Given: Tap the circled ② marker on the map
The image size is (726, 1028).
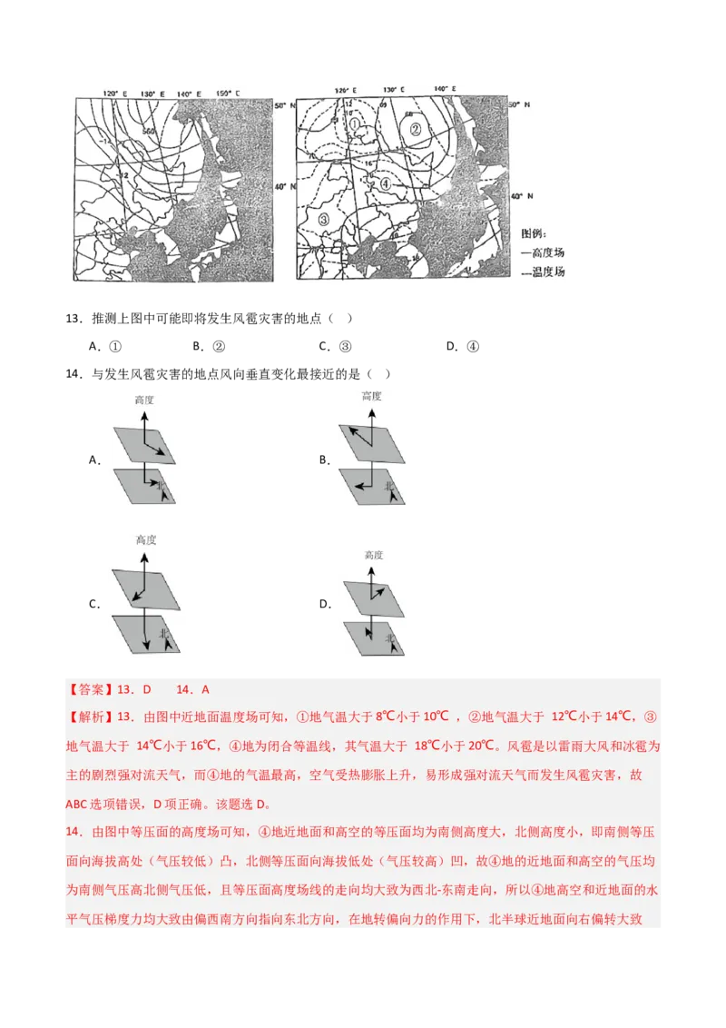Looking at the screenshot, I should click(x=415, y=129).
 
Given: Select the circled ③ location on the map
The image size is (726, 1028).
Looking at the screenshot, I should click(x=324, y=218).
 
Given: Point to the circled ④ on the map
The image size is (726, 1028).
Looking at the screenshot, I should click(x=385, y=184).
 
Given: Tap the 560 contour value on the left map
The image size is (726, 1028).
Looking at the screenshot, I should click(x=149, y=131).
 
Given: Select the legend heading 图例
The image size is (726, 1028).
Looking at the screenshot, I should click(x=535, y=233).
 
